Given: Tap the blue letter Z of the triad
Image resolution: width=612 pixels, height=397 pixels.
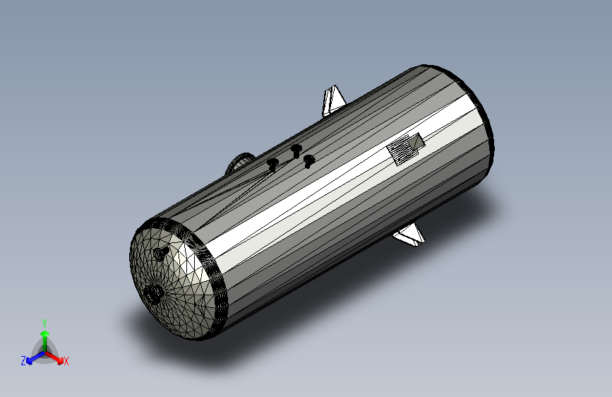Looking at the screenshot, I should [23, 360].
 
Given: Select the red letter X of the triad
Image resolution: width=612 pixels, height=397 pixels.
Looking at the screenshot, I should [66, 361].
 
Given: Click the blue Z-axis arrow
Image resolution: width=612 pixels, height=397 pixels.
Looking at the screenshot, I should [32, 357].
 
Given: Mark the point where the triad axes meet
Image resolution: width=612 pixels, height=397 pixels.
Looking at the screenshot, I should [44, 351].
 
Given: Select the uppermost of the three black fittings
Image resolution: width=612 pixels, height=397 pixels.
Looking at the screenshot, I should [296, 149].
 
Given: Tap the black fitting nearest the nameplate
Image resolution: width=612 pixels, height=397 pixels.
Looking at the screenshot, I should [308, 161].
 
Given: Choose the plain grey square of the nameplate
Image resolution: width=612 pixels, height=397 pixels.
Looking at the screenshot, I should [419, 143].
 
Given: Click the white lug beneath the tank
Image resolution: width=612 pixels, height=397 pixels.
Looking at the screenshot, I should [411, 235].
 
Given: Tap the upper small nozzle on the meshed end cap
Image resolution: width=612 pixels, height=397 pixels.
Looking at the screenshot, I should [162, 252].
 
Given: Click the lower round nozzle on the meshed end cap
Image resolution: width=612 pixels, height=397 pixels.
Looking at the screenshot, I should [153, 293].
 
